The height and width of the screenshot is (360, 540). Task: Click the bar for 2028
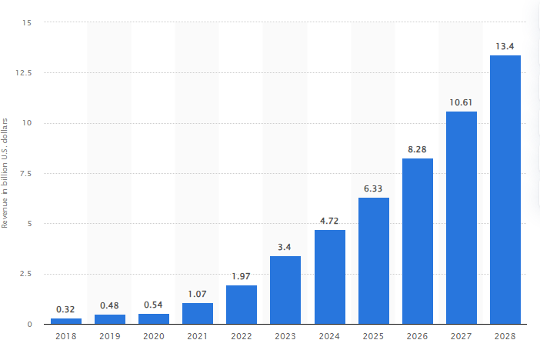pyautogui.click(x=505, y=189)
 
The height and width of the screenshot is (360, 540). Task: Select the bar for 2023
pyautogui.click(x=285, y=290)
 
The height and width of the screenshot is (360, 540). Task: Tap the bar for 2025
pyautogui.click(x=373, y=261)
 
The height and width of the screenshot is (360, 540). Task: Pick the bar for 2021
pyautogui.click(x=198, y=313)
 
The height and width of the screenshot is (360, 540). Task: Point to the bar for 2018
pyautogui.click(x=66, y=321)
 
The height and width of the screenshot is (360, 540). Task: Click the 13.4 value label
pyautogui.click(x=505, y=46)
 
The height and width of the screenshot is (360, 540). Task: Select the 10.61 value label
pyautogui.click(x=462, y=102)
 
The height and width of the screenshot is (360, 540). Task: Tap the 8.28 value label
pyautogui.click(x=417, y=149)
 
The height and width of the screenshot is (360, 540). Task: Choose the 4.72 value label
pyautogui.click(x=329, y=221)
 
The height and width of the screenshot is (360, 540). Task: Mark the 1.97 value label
pyautogui.click(x=242, y=276)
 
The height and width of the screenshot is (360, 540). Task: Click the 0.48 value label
pyautogui.click(x=110, y=305)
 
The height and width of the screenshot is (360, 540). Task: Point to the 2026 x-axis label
pyautogui.click(x=417, y=336)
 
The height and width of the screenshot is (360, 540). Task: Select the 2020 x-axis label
pyautogui.click(x=154, y=336)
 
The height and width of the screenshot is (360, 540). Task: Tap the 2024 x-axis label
pyautogui.click(x=329, y=336)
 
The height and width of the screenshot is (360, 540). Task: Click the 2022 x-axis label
pyautogui.click(x=242, y=336)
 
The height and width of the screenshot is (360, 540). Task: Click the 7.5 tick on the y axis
pyautogui.click(x=27, y=174)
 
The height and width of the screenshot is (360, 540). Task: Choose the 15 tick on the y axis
pyautogui.click(x=28, y=23)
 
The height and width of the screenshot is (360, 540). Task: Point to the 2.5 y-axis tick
pyautogui.click(x=27, y=274)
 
